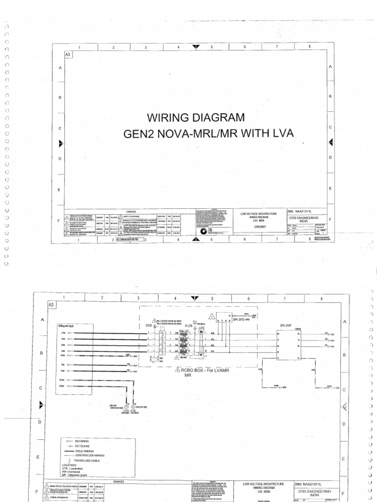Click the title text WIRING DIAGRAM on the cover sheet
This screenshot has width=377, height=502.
pyautogui.click(x=192, y=118)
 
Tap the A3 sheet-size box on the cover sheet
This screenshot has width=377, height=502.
pyautogui.click(x=68, y=55)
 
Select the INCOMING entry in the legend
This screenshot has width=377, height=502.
pyautogui.click(x=81, y=441)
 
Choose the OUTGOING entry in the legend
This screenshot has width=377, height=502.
pyautogui.click(x=82, y=446)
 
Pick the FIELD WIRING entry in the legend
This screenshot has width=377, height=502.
pyautogui.click(x=84, y=451)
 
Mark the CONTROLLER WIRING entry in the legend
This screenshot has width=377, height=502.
pyautogui.click(x=88, y=455)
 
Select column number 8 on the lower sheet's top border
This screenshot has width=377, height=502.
pyautogui.click(x=321, y=298)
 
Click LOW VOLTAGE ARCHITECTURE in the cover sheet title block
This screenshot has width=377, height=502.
pyautogui.click(x=259, y=214)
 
